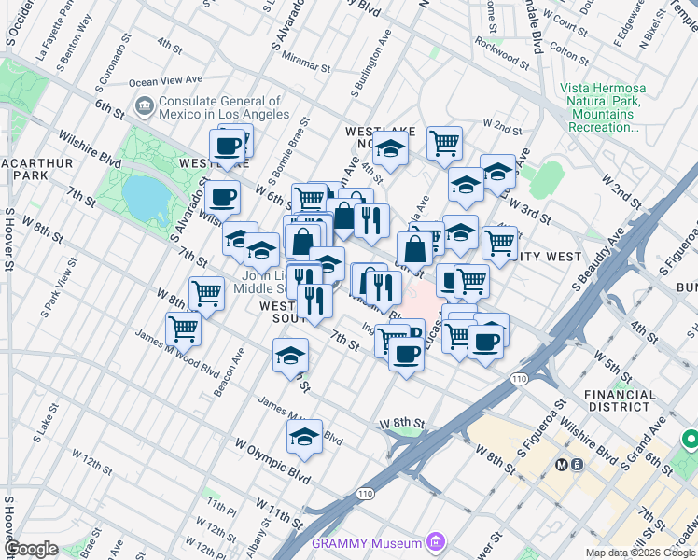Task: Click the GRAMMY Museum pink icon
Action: [x=434, y=541]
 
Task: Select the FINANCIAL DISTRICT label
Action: [x=620, y=400]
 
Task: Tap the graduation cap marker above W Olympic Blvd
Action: [x=304, y=437]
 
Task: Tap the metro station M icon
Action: [x=563, y=464]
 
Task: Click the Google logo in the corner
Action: [x=31, y=549]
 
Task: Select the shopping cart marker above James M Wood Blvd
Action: [x=184, y=329]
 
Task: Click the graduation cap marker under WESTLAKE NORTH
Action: [x=390, y=149]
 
